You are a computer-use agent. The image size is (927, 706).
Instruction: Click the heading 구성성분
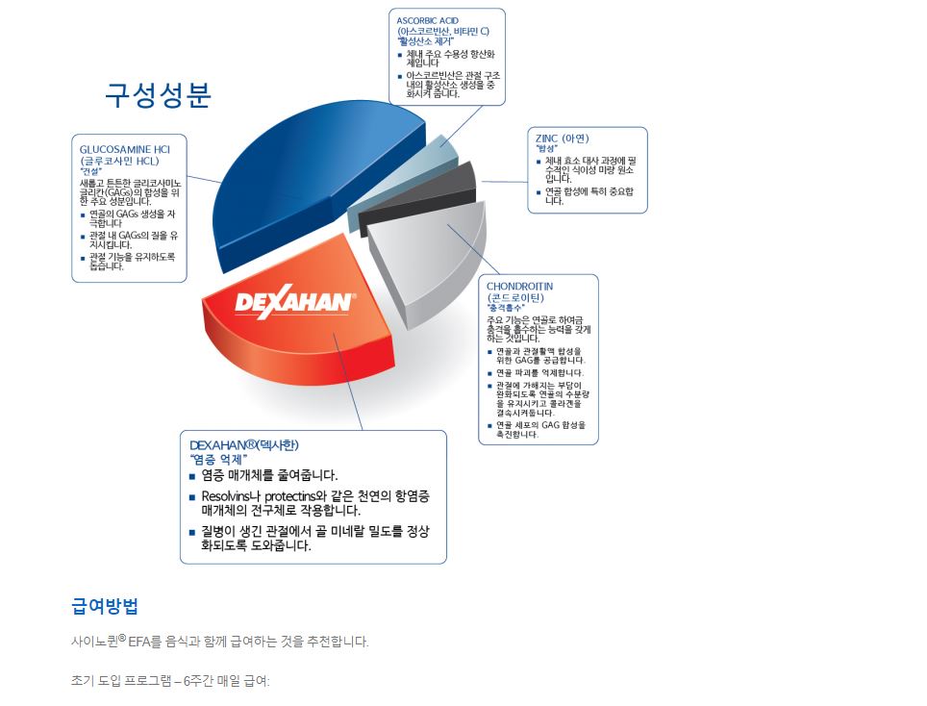pos(158,95)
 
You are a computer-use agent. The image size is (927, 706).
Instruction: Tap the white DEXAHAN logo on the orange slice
pos(295,302)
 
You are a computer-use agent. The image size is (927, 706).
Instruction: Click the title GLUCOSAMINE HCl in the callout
pos(125,150)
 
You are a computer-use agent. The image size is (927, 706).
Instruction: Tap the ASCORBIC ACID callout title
pos(427,21)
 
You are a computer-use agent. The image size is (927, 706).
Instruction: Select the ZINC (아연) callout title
pos(563,139)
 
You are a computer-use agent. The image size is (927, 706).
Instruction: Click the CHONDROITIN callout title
pos(519,287)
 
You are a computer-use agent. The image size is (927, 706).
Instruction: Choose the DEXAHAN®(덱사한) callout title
pos(244,444)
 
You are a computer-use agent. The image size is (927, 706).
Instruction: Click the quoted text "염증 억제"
pos(218,460)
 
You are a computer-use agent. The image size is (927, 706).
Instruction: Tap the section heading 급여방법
pos(105,606)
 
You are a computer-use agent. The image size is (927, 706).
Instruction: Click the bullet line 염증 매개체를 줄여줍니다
pos(269,475)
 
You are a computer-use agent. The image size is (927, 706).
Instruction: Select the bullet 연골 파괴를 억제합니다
pos(539,373)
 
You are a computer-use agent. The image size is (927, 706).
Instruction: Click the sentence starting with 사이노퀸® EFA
pos(220,642)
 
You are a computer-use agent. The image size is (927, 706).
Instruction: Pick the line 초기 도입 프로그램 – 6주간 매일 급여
pos(170,681)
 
